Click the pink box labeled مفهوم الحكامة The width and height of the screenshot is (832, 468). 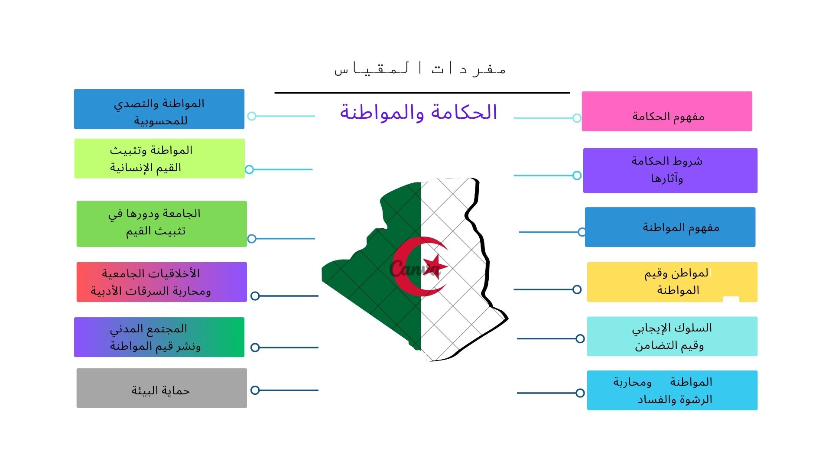667,111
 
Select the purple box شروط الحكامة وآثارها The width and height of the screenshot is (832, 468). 670,171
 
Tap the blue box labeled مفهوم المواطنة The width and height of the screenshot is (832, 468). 670,227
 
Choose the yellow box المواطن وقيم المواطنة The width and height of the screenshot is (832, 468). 672,282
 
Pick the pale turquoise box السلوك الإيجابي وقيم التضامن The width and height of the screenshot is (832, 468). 672,337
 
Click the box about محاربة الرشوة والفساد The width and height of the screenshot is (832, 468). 672,390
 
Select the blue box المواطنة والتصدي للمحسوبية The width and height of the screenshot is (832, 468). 159,109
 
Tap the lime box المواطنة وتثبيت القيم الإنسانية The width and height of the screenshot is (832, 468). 159,159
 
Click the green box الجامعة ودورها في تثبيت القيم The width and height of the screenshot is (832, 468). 162,224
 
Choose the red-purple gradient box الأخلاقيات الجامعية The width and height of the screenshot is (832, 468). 162,282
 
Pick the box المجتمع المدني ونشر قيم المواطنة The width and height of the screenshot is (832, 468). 159,337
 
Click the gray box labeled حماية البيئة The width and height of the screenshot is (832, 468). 162,388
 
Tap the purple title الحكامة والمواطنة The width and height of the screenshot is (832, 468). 418,112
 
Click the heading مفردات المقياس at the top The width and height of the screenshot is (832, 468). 420,69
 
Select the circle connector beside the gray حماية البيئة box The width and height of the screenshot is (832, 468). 255,390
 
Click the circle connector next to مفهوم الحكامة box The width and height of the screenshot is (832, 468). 577,118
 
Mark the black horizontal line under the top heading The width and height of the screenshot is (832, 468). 422,93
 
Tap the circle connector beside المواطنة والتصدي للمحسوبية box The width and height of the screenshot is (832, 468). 252,116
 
